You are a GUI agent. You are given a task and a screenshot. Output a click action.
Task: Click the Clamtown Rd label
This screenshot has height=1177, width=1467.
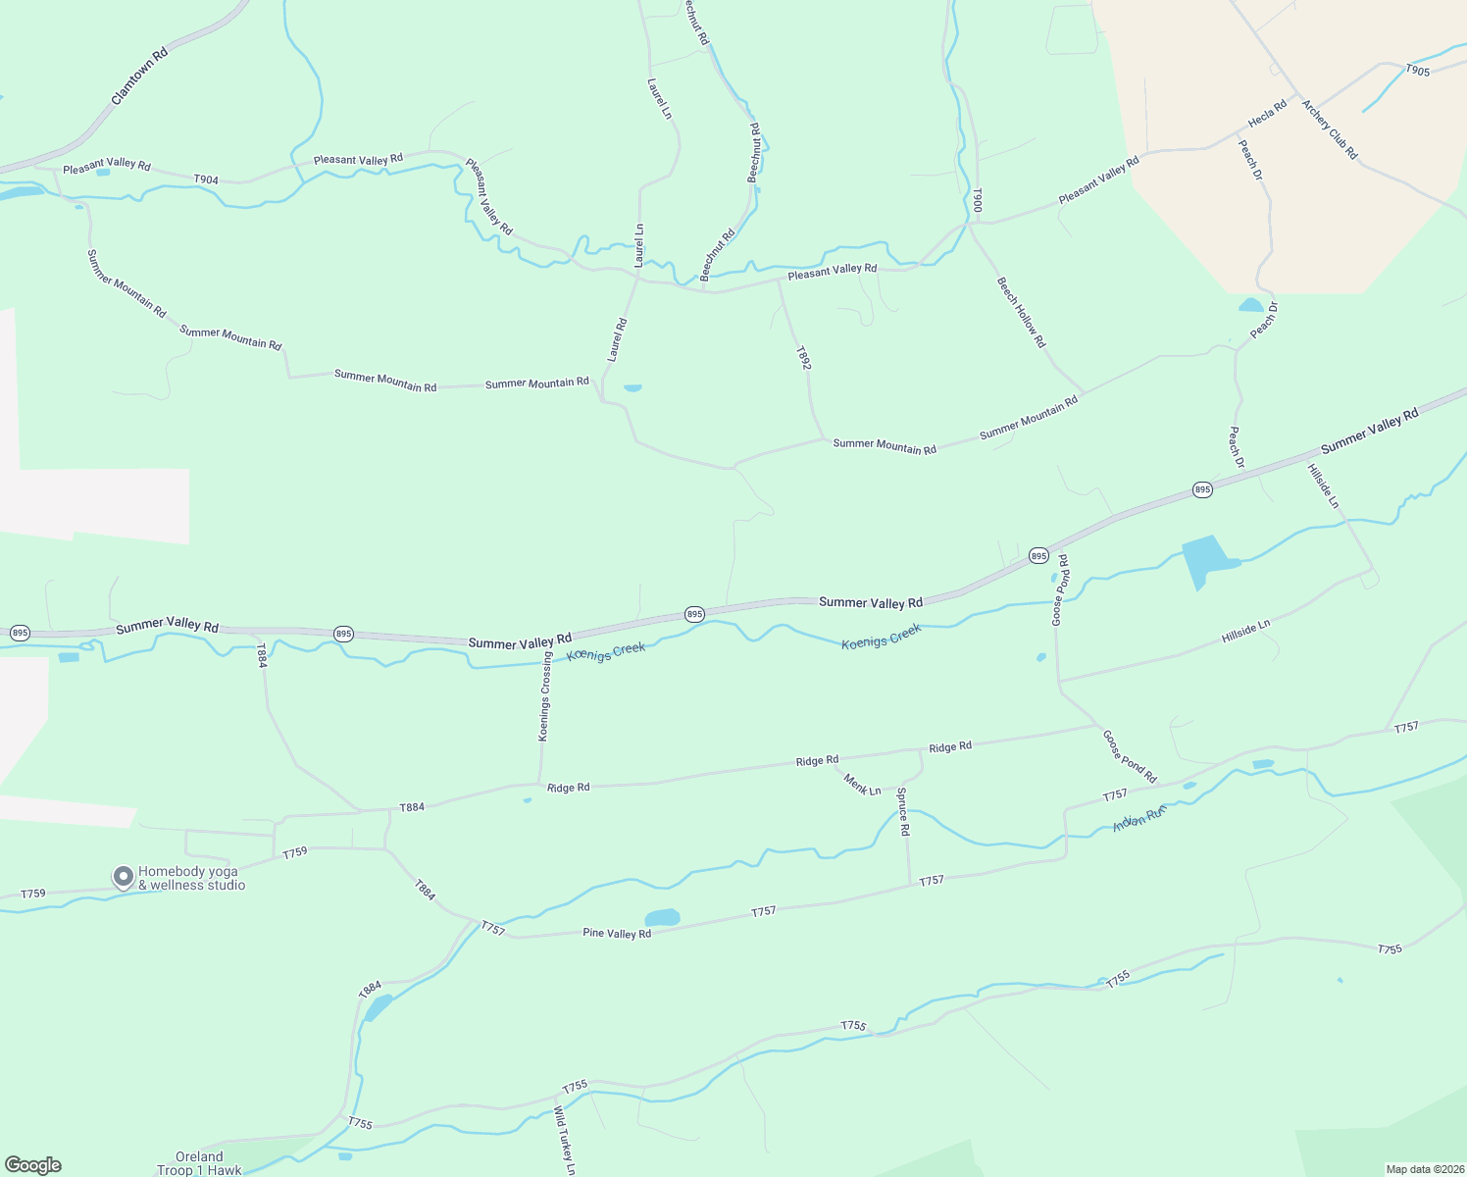click(x=140, y=76)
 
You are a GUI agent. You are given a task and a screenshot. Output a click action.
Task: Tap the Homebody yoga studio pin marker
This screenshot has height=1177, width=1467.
click(x=123, y=876)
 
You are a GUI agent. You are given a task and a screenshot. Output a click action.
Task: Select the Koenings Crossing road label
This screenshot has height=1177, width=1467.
click(x=545, y=697)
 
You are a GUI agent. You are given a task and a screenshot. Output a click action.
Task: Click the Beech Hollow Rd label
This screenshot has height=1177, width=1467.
click(x=1022, y=312)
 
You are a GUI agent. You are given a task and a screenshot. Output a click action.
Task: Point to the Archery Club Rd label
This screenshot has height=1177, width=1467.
click(x=1329, y=128)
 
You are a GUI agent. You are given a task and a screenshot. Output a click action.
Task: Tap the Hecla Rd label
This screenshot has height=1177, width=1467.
click(x=1267, y=114)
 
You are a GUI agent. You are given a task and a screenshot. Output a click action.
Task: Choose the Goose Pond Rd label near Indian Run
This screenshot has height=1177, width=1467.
click(x=1130, y=756)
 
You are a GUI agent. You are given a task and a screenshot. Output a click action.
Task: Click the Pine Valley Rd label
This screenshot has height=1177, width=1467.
click(x=617, y=933)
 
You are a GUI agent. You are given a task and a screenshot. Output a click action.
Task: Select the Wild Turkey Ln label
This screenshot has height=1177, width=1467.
click(x=564, y=1141)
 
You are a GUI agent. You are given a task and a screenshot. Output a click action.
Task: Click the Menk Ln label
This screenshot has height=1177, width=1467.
click(x=863, y=785)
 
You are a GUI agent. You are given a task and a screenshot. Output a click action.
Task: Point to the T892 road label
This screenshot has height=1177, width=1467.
click(x=803, y=357)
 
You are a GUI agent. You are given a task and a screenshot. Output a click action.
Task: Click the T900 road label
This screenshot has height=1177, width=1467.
click(x=977, y=201)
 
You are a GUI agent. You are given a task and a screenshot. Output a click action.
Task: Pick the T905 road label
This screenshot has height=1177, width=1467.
click(x=1417, y=70)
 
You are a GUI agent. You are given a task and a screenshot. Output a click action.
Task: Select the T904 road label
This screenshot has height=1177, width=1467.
click(x=206, y=179)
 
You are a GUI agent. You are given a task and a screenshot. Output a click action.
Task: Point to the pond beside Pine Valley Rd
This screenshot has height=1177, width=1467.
click(x=662, y=918)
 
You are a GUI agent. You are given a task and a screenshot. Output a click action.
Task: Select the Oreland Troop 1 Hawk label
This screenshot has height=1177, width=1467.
click(x=199, y=1163)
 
